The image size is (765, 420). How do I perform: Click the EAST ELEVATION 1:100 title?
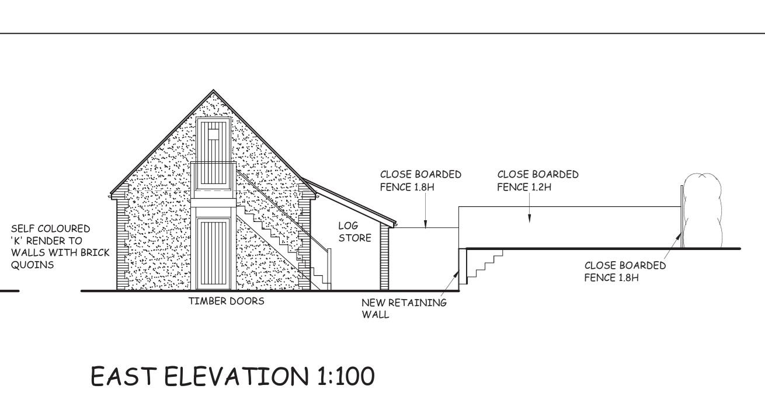point(232,376)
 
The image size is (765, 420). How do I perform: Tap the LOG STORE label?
point(354,232)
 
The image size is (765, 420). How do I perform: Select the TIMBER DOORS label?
point(227,301)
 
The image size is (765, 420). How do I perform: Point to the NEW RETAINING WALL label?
point(404,308)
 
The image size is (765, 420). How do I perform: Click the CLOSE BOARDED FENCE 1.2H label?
point(538,181)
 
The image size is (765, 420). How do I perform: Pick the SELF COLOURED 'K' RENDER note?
point(60,247)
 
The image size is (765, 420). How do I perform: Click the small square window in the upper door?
point(213,134)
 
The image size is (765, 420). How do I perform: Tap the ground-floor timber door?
point(214,254)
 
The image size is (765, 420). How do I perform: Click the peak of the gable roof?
point(214,90)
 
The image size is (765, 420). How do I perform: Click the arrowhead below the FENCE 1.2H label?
point(529,218)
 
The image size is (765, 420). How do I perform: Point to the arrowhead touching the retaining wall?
point(457,273)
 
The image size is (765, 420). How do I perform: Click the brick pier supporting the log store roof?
point(385,258)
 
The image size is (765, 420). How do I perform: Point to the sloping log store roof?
point(349,202)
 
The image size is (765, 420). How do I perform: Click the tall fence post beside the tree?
point(682,216)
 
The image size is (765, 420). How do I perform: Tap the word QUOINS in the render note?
point(33,265)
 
